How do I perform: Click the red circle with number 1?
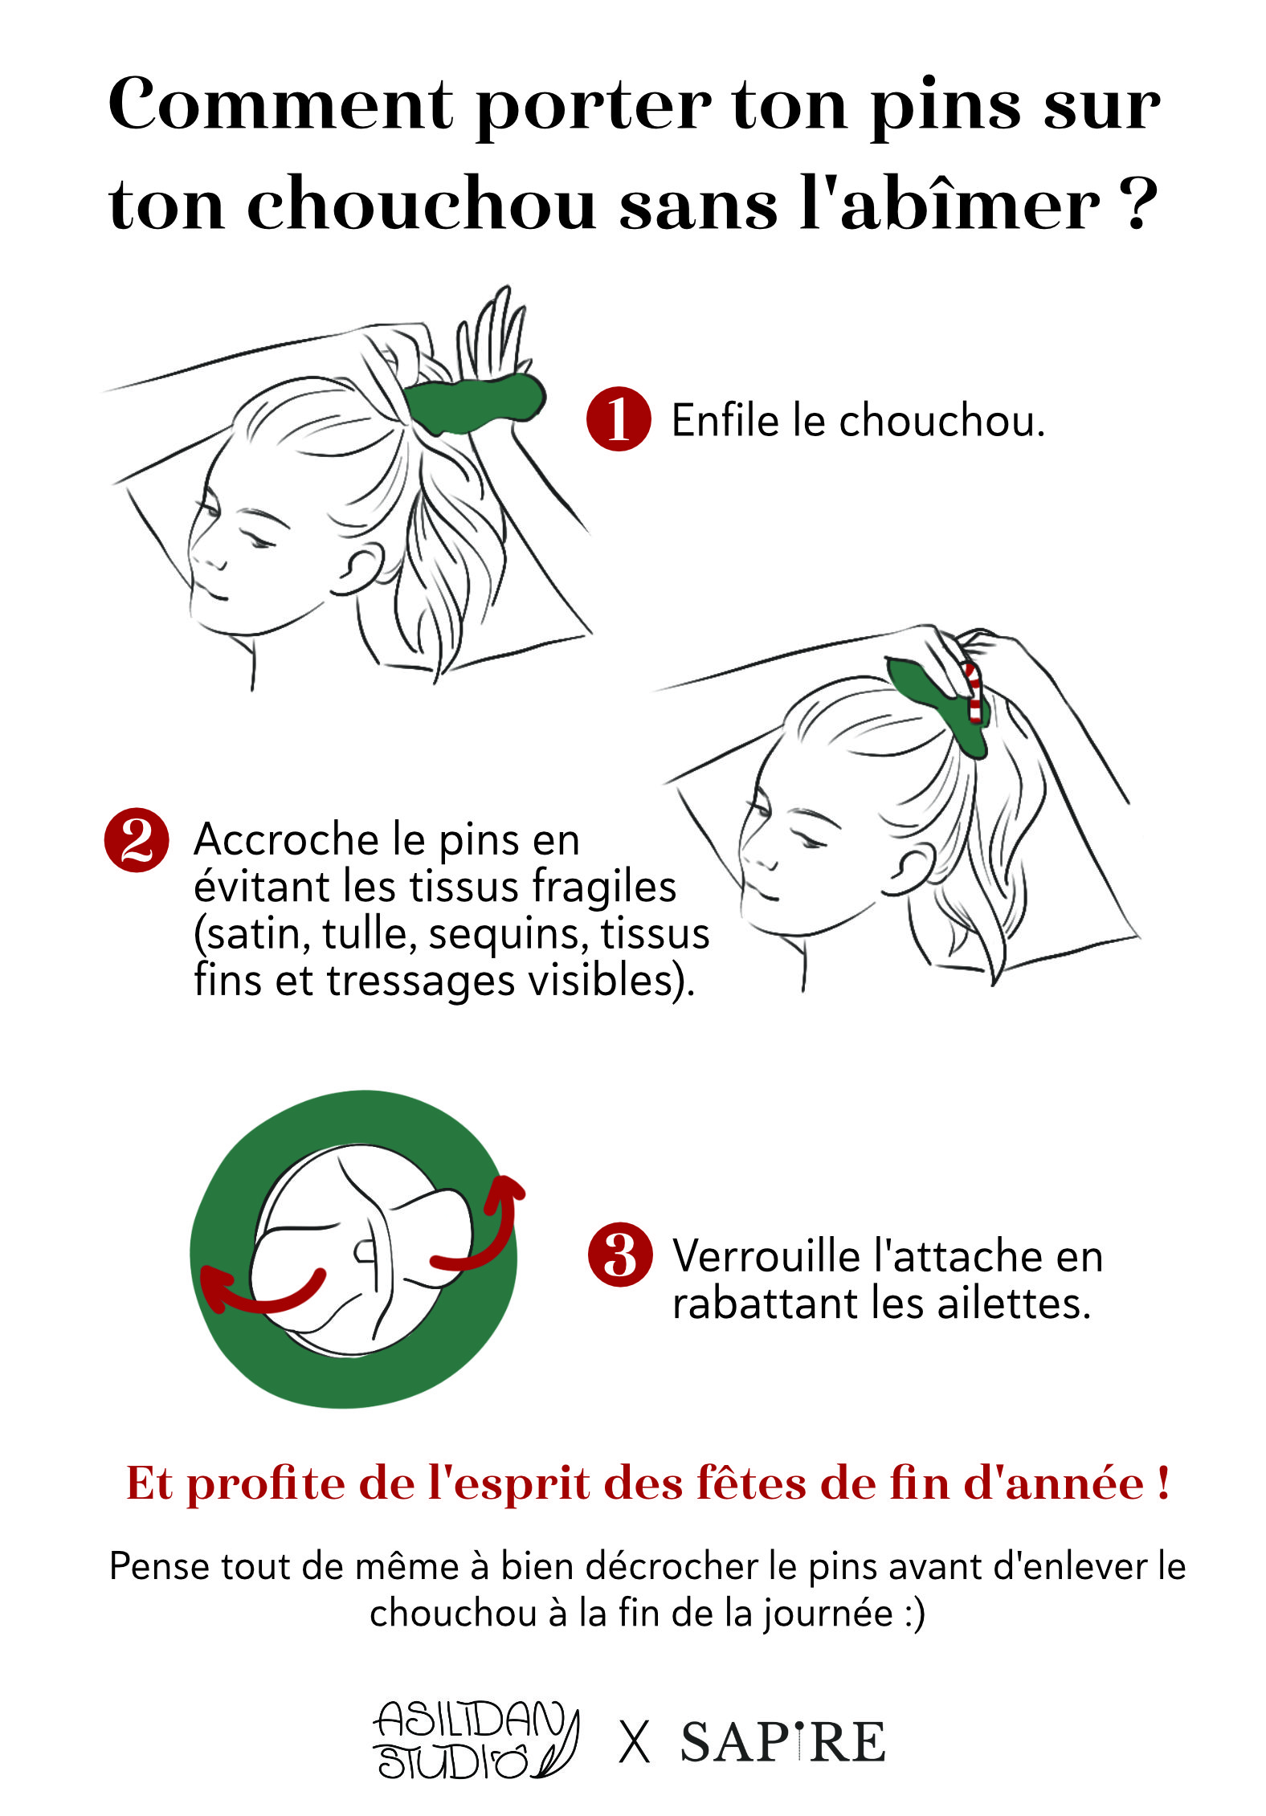click(x=617, y=418)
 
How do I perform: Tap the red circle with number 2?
click(x=137, y=839)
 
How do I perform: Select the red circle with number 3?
click(x=619, y=1255)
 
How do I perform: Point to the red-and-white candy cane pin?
click(x=974, y=692)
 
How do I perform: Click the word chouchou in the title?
click(x=421, y=205)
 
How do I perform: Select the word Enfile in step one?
click(x=725, y=420)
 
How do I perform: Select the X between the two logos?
click(x=635, y=1743)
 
